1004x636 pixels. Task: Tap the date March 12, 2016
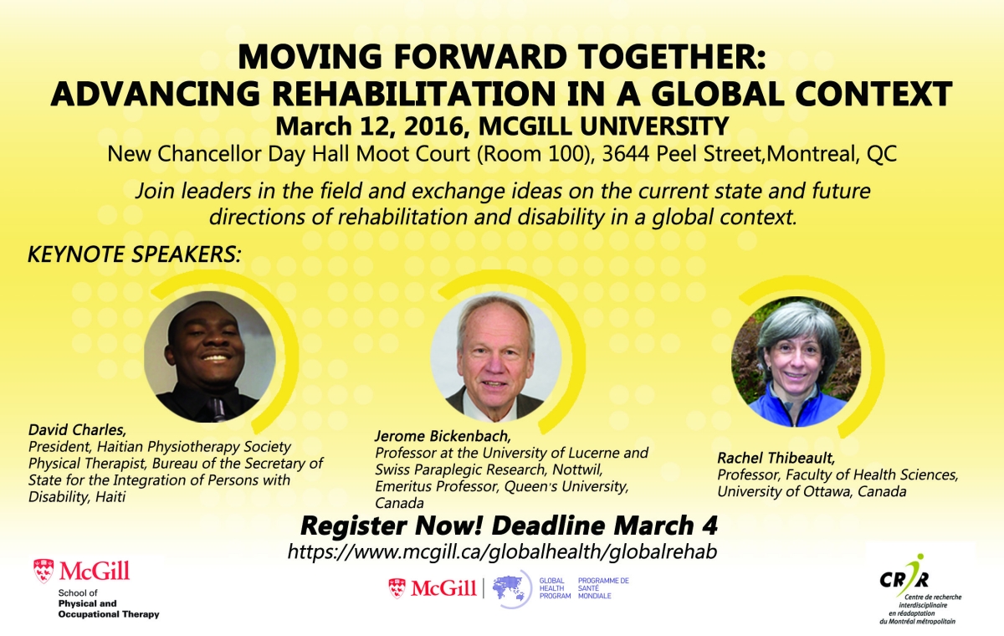click(x=369, y=126)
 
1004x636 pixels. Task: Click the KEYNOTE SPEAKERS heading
click(x=135, y=254)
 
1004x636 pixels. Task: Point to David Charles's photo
click(x=210, y=357)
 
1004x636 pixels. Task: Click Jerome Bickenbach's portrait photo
click(x=495, y=357)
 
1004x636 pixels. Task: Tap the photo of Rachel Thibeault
click(x=797, y=362)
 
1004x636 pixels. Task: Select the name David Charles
click(x=77, y=430)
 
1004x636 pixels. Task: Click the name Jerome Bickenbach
click(x=443, y=436)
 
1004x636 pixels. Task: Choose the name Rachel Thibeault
click(x=776, y=458)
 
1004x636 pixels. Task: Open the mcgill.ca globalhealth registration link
click(x=502, y=551)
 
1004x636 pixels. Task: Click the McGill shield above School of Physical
click(x=44, y=571)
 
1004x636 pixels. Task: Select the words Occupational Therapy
click(x=109, y=614)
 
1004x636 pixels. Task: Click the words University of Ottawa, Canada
click(x=812, y=492)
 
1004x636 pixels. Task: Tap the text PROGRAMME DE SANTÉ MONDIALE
click(x=603, y=588)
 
